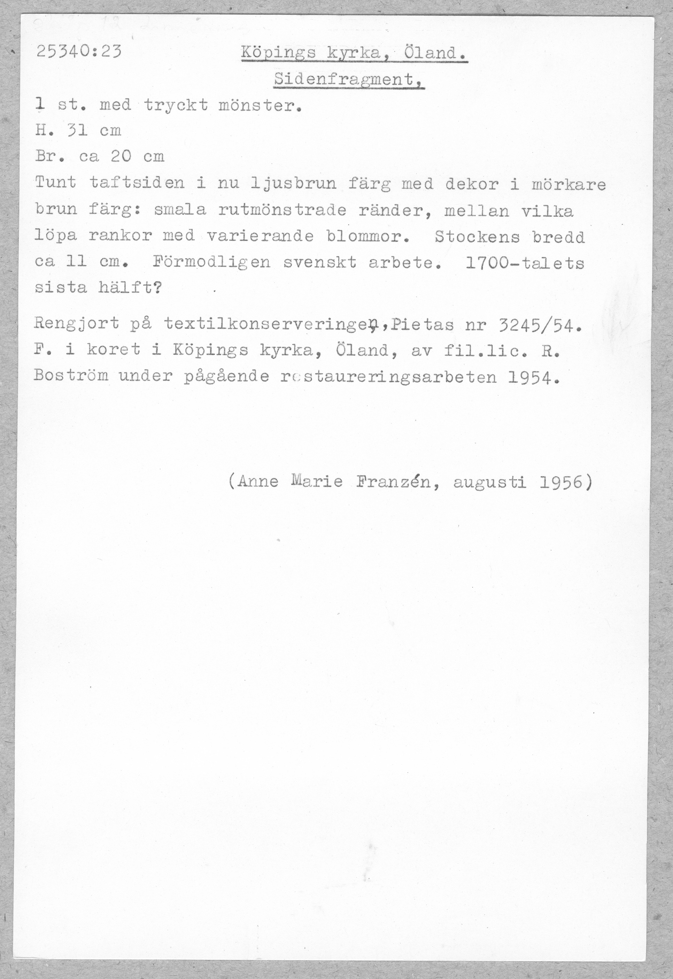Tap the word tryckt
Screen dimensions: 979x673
tap(176, 105)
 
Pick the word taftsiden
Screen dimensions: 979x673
tap(137, 183)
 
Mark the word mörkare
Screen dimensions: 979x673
tap(568, 185)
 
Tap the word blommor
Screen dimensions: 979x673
tap(368, 237)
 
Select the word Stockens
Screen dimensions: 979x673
tap(477, 237)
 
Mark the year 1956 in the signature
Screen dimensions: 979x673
tap(560, 481)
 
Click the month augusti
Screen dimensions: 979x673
tap(489, 482)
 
